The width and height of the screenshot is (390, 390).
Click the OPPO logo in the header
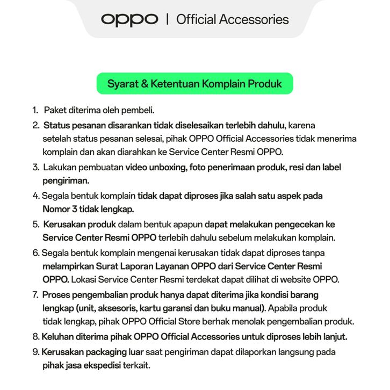[129, 20]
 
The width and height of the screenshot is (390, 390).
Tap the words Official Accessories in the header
[232, 20]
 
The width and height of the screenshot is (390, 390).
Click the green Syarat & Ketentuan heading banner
[194, 84]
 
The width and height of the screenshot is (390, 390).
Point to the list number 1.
[34, 110]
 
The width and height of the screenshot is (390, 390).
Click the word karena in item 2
[301, 126]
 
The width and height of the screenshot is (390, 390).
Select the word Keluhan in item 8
[57, 337]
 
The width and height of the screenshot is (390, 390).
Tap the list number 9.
[35, 352]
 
